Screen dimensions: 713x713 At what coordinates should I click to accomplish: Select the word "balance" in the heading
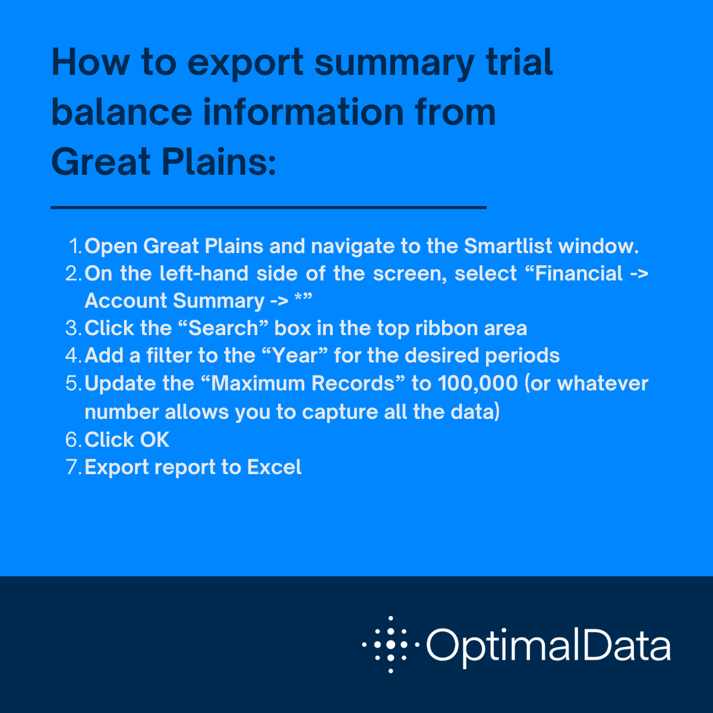pos(122,112)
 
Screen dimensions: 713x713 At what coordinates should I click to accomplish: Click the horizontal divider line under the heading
pos(269,207)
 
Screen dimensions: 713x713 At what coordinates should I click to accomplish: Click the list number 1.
pos(75,246)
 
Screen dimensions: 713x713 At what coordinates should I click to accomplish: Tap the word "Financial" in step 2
pos(579,273)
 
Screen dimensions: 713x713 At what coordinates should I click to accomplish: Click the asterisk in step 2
pos(299,299)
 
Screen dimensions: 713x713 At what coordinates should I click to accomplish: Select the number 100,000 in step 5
pos(478,383)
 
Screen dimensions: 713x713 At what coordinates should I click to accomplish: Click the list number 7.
pos(73,467)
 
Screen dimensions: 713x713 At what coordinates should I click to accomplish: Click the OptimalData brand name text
pos(548,645)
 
